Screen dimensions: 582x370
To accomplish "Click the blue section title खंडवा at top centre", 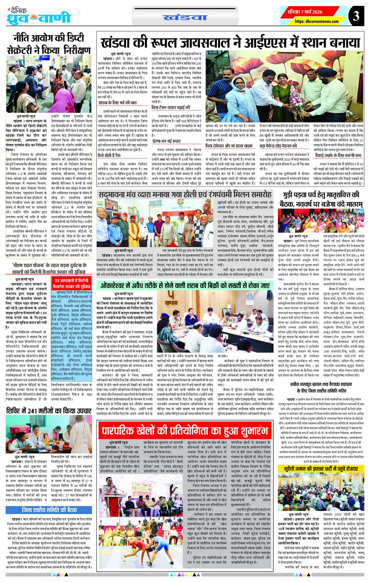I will (x=185, y=17).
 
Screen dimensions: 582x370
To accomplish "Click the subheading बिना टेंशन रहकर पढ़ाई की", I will (x=171, y=107).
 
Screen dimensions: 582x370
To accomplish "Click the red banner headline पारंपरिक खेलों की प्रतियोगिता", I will (x=184, y=431).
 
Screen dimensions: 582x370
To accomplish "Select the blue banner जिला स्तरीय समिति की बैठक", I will (x=49, y=510).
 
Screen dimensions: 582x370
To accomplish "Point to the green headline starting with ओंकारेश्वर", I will (x=185, y=286).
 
